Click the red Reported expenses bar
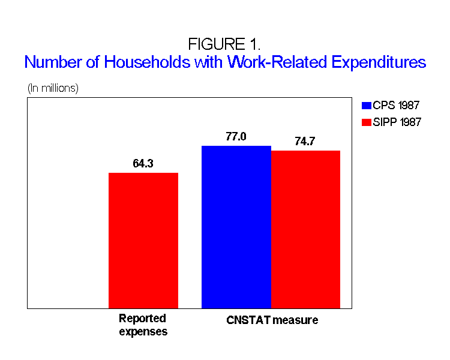[x=143, y=240]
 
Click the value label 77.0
[x=236, y=137]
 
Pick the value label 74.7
[x=305, y=142]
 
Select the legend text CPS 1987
[x=397, y=106]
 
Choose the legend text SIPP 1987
[x=398, y=122]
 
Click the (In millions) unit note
[x=53, y=88]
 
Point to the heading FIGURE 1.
[x=224, y=44]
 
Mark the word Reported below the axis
[x=142, y=318]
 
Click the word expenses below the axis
[x=143, y=331]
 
